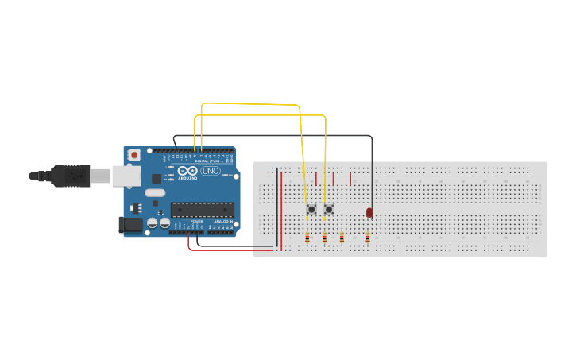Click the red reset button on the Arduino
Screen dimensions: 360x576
(134, 154)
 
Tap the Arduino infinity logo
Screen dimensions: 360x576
(187, 171)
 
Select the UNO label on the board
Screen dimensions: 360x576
(211, 171)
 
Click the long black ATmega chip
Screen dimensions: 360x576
(203, 210)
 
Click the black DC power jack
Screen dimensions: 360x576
(130, 225)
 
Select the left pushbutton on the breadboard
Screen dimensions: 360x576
(311, 210)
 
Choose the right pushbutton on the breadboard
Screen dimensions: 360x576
(328, 210)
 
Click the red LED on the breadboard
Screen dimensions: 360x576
(369, 212)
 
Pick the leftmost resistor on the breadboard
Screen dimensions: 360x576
(307, 237)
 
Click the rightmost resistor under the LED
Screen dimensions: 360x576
(368, 237)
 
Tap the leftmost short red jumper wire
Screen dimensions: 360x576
(316, 179)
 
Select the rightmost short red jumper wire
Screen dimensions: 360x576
(350, 179)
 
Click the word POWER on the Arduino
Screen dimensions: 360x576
(196, 221)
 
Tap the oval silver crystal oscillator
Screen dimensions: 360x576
(155, 192)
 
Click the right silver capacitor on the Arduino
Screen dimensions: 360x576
(164, 224)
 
